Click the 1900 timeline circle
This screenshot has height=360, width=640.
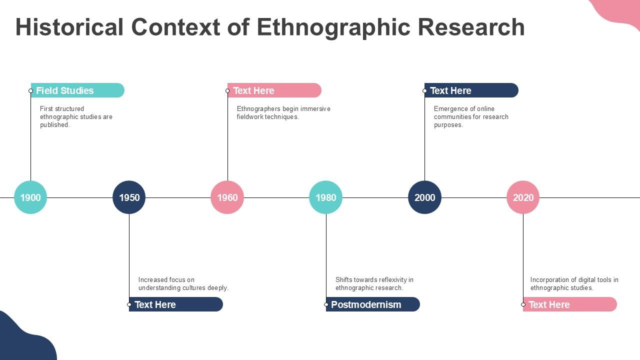[x=30, y=197]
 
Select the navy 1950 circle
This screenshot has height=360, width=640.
[x=129, y=197]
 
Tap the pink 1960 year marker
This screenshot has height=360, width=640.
[x=227, y=197]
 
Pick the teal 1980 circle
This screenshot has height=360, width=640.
[x=326, y=197]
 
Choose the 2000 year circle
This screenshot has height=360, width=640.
[x=425, y=197]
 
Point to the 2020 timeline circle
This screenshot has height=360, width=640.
[x=523, y=197]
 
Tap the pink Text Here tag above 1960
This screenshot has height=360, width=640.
[x=274, y=90]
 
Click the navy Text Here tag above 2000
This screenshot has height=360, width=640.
[x=471, y=90]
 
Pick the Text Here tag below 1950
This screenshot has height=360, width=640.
[x=176, y=304]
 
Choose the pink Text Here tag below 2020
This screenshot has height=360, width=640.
[x=570, y=304]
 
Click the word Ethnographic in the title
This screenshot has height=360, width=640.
[x=333, y=27]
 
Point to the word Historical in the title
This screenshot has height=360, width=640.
[x=69, y=27]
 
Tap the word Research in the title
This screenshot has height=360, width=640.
[x=471, y=27]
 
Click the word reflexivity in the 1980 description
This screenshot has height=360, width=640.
[x=393, y=279]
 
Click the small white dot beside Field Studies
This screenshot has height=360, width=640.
[x=31, y=91]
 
